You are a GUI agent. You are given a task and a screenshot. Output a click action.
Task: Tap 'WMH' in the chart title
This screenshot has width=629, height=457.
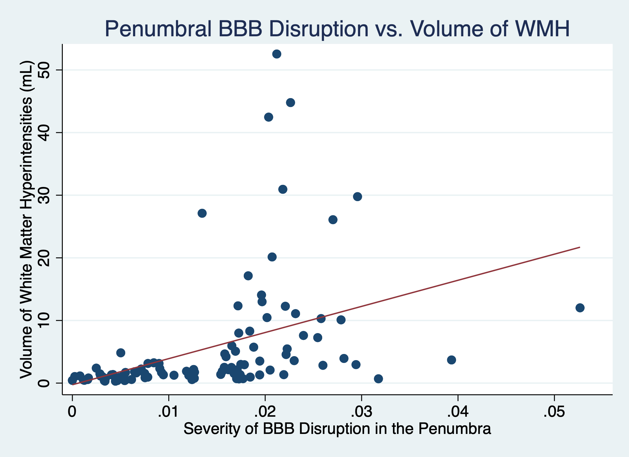tap(539, 29)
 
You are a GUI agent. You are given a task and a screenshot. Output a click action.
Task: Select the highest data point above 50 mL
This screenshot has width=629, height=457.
tap(277, 54)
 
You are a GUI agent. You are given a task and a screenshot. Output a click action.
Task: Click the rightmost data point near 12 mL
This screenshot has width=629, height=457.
tap(580, 308)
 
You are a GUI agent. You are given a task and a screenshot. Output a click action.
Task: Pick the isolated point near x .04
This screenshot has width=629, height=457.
tap(451, 360)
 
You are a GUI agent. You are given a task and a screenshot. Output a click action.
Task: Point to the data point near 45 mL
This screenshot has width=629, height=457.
tap(290, 103)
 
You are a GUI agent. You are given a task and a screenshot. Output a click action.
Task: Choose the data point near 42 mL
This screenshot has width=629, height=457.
tap(269, 117)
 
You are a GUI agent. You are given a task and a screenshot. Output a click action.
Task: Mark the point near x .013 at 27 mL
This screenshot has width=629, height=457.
tap(202, 213)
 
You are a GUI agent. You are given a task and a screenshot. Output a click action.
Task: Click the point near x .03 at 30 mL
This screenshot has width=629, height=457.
tap(357, 197)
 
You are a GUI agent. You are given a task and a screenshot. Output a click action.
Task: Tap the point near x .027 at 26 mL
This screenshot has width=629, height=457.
tap(333, 220)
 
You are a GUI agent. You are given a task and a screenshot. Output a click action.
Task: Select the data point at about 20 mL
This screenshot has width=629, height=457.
tap(272, 257)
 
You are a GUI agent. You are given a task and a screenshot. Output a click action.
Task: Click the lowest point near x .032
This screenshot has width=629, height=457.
tap(378, 379)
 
